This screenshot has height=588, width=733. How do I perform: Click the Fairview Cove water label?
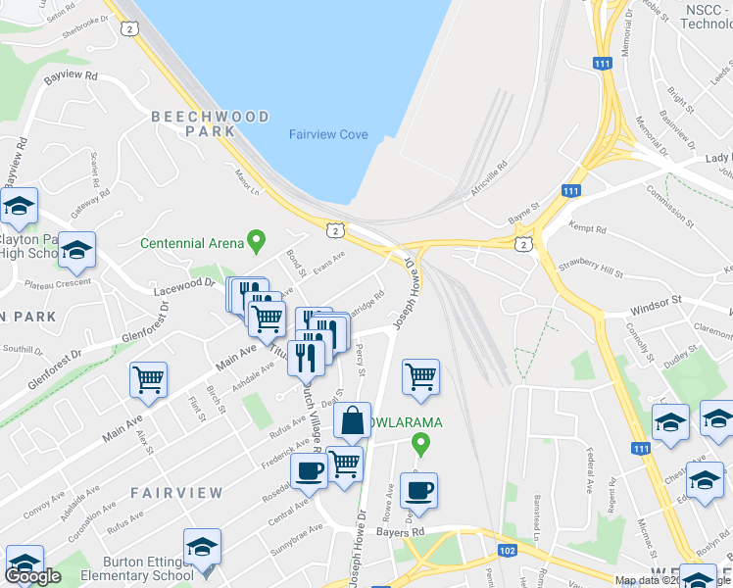click(x=328, y=134)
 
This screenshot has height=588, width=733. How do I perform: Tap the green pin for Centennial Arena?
click(x=257, y=238)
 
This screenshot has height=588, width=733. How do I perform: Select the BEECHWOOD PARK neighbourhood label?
click(x=210, y=123)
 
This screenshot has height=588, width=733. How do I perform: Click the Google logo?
click(x=32, y=576)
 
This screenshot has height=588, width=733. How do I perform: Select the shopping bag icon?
click(x=352, y=421)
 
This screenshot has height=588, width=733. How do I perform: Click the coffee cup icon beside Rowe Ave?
click(x=418, y=491)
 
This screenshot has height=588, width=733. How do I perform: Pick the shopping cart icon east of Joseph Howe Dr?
click(x=420, y=376)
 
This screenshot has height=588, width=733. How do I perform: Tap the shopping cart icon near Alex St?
click(x=148, y=379)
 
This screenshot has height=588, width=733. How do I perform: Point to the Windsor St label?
click(x=656, y=308)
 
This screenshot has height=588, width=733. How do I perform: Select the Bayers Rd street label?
click(x=403, y=532)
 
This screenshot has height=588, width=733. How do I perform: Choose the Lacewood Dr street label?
click(x=183, y=286)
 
